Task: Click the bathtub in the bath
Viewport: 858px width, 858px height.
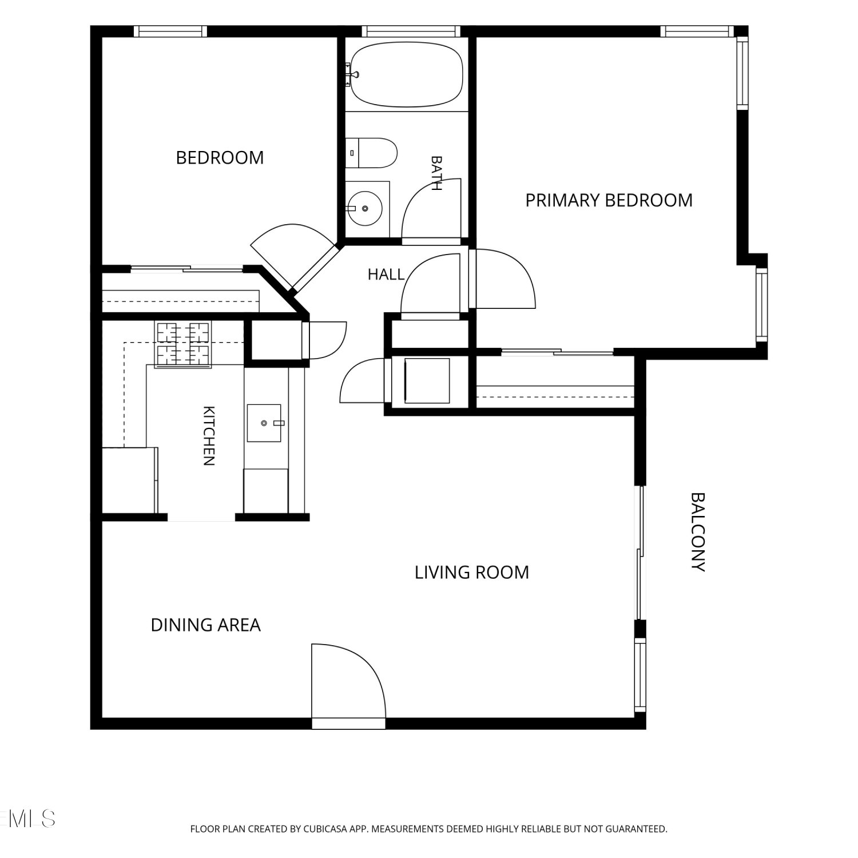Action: tap(406, 74)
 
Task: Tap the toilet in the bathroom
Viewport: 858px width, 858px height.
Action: tap(371, 153)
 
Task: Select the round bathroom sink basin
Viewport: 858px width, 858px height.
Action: tap(365, 208)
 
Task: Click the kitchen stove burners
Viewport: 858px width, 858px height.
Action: tap(183, 344)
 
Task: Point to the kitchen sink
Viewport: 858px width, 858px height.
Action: tap(264, 423)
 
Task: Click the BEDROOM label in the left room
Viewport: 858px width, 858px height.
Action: tap(220, 157)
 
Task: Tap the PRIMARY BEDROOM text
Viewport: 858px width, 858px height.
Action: tap(609, 200)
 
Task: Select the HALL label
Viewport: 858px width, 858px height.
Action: tap(386, 275)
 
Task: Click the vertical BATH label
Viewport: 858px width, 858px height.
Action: tap(436, 173)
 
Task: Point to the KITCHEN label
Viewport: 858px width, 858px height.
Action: tap(209, 436)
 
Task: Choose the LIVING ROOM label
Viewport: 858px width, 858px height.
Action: tap(472, 572)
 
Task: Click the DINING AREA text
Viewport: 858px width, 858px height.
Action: tap(205, 625)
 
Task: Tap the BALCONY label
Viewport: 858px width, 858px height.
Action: tap(698, 532)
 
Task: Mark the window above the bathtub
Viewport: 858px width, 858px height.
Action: tap(411, 31)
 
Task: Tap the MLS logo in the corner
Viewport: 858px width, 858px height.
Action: tap(28, 819)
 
